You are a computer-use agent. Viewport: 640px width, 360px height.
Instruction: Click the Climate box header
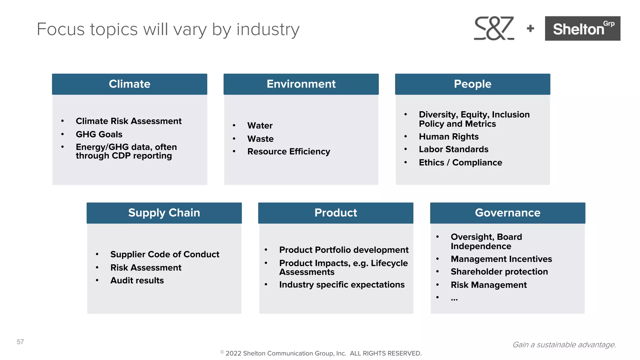pos(129,84)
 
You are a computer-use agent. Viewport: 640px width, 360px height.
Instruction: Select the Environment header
pos(301,84)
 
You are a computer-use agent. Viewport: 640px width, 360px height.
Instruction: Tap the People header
pos(472,84)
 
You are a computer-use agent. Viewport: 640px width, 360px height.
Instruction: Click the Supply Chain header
pos(164,213)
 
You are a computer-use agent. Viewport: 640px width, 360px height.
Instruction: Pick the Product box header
pos(336,213)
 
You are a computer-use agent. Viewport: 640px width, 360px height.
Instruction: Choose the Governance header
pos(507,213)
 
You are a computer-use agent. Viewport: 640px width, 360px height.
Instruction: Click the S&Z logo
pos(494,28)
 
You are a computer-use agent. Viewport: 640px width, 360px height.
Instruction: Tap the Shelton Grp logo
pos(582,28)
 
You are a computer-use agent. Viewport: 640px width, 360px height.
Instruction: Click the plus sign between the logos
pos(530,29)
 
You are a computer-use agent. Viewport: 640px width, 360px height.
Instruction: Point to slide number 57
pos(20,342)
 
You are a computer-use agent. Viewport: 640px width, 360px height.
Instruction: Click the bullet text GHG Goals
pos(99,134)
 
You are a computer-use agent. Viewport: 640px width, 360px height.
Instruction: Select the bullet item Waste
pos(260,139)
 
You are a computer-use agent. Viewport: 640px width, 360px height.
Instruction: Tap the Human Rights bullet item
pos(448,137)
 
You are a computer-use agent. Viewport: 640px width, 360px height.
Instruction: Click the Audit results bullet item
pos(137,281)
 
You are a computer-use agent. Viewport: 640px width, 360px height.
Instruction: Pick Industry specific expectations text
pos(342,285)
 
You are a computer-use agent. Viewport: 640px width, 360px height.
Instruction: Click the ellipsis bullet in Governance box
pos(454,298)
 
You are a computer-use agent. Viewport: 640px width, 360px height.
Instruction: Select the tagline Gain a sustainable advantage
pos(564,345)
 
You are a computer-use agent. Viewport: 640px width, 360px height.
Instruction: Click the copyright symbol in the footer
pos(222,352)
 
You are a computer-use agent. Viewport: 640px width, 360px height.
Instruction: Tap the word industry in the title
pos(268,29)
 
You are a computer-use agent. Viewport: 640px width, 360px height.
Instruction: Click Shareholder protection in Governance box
pos(499,272)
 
